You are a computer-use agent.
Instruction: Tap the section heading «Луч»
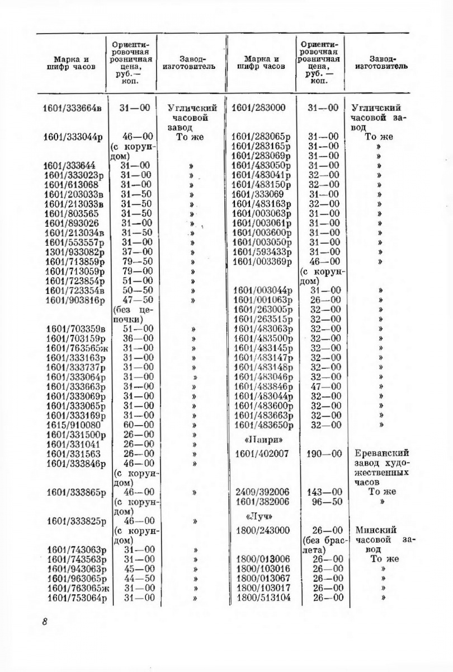point(258,516)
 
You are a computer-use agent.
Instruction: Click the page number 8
point(44,623)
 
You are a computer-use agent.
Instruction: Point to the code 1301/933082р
point(74,252)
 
